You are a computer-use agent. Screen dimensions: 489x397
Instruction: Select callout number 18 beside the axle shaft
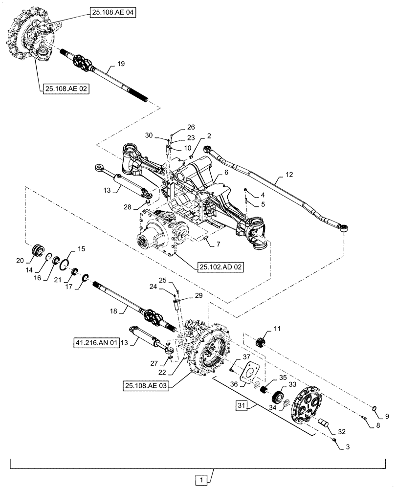[114, 311]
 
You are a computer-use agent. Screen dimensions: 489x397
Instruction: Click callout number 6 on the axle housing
[226, 173]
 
